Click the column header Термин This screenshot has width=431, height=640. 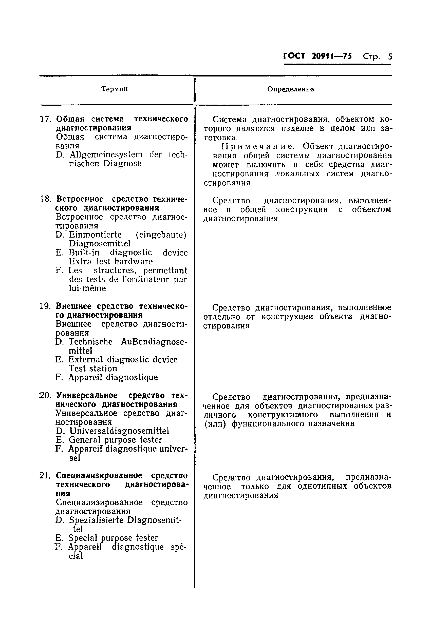pos(114,89)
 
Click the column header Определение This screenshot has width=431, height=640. pos(290,89)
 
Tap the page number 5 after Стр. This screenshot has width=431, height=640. pos(390,56)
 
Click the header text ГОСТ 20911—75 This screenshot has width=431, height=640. pos(317,56)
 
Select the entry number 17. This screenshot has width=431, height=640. pos(46,119)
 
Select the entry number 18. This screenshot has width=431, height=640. pos(46,199)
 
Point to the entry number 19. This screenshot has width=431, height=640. pos(45,306)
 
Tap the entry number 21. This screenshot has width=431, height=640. pos(45,475)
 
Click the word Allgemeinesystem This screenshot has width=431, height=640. pos(106,155)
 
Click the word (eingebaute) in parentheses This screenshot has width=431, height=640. pos(161,235)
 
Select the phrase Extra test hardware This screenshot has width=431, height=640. pos(110,261)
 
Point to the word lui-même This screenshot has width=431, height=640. pos(87,288)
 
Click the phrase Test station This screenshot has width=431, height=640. pos(93,368)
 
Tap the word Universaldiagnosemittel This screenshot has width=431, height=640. pos(119,431)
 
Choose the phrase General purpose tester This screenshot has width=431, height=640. pos(115,440)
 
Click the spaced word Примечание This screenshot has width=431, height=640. pos(257,146)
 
